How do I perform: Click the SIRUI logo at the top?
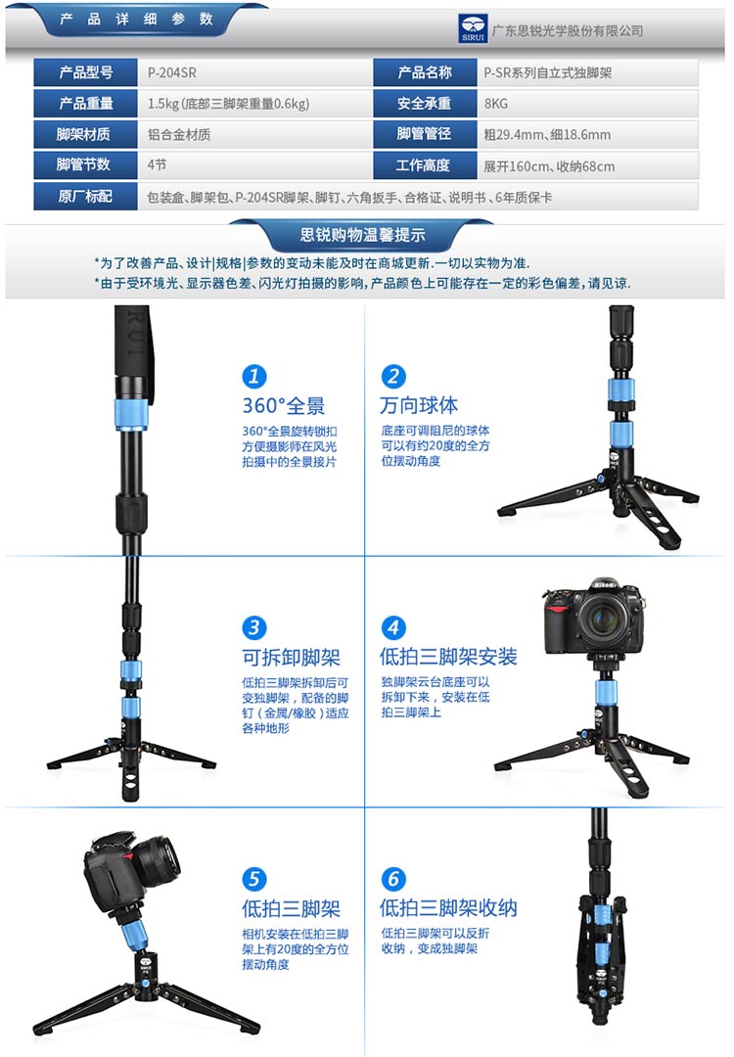473,29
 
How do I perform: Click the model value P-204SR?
172,72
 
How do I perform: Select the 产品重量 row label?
85,103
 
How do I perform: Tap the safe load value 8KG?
496,104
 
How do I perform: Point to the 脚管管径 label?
424,134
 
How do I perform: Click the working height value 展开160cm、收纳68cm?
549,165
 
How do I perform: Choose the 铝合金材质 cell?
179,135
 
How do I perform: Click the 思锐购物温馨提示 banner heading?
363,235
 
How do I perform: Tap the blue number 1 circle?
254,376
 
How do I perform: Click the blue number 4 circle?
393,627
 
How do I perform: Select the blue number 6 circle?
393,878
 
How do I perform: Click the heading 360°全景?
284,406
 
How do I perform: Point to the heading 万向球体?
419,405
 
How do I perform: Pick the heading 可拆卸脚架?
292,658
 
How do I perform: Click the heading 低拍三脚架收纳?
448,908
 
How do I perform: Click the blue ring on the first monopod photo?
130,413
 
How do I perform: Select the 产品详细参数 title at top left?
136,19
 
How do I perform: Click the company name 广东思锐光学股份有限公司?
568,31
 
